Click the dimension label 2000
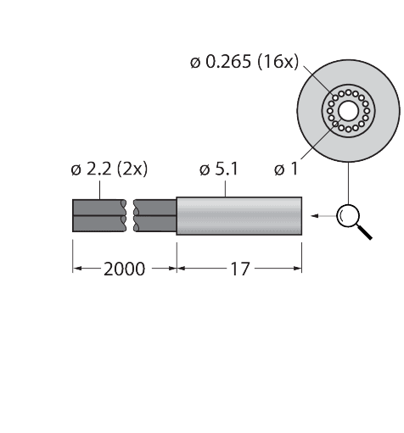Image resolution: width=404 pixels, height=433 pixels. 124,269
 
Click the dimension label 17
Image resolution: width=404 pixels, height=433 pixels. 240,269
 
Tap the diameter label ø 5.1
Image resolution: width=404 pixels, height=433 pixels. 218,169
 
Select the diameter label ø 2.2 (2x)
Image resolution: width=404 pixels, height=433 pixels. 109,169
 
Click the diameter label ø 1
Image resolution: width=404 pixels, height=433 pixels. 286,169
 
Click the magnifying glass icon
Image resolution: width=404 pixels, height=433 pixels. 346,216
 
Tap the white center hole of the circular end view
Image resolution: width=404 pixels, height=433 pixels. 347,110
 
